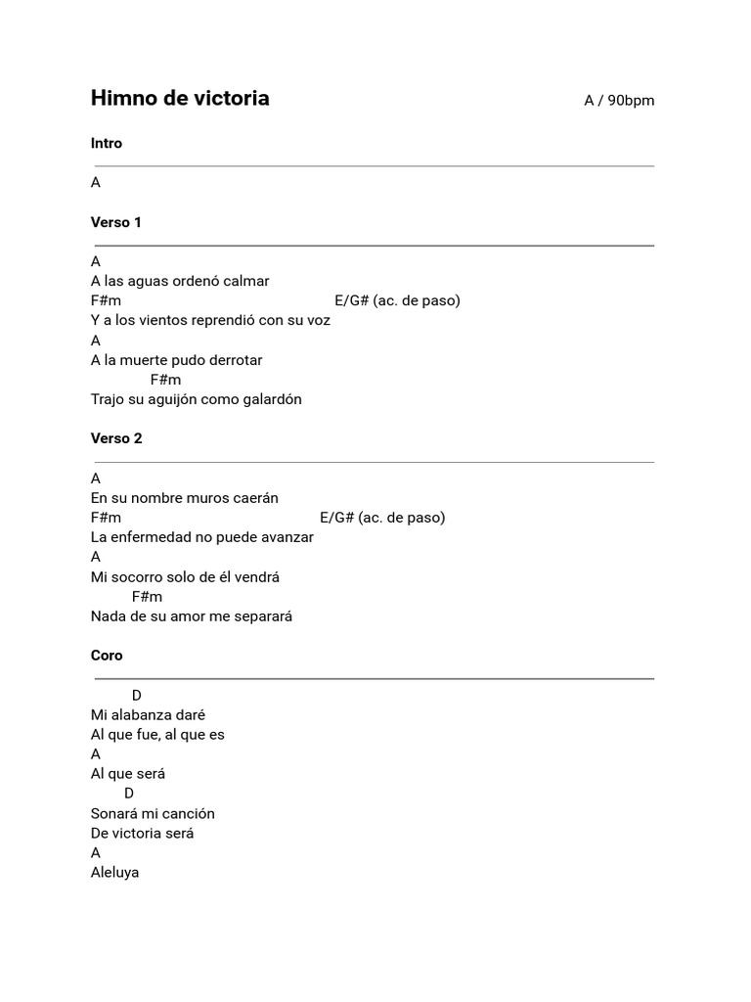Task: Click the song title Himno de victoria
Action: coord(180,99)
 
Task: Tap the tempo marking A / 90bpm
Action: coord(619,101)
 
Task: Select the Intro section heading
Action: coord(107,144)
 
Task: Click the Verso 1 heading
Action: coord(116,223)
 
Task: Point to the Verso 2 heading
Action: coord(116,439)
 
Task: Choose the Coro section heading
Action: coord(107,656)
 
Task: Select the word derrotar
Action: coord(235,360)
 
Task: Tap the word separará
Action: coord(260,616)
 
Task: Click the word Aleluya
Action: coord(115,873)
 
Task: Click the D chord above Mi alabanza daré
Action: coord(137,696)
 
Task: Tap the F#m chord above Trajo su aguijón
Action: coord(166,380)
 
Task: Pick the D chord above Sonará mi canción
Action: coord(129,794)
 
